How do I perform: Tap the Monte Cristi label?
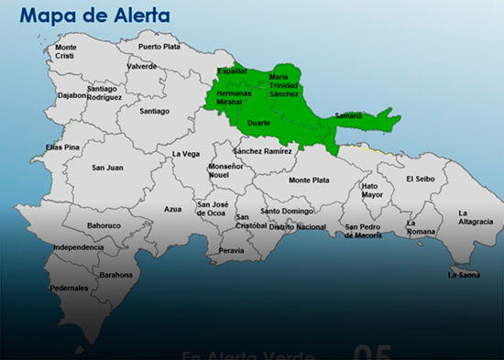point(66,51)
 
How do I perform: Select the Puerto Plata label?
point(159,46)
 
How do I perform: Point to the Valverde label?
point(142,66)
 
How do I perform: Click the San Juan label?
point(107,168)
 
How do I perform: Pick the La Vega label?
point(185,154)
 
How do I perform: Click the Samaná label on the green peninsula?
point(349,115)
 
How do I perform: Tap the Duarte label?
point(259,122)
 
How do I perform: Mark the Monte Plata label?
point(308,180)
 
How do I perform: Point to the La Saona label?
point(464,274)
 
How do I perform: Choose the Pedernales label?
point(70,288)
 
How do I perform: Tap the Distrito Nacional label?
point(298,226)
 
